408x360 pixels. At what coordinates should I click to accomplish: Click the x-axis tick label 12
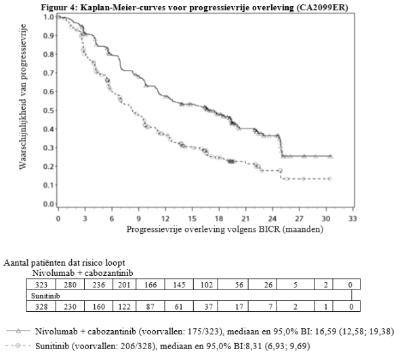tap(165, 218)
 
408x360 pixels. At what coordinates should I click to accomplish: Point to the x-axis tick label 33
tap(352, 218)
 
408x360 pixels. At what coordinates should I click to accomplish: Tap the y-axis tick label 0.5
tap(48, 111)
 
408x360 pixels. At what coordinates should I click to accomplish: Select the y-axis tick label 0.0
tap(48, 204)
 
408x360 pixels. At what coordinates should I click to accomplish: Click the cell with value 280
tap(70, 285)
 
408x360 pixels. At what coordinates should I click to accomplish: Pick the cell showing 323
tap(41, 285)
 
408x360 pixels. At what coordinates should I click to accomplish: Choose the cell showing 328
tap(41, 306)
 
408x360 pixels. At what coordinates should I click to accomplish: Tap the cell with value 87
tap(150, 306)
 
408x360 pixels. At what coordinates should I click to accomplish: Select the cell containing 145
tap(179, 285)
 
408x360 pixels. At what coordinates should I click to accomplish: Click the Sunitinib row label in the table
tap(45, 296)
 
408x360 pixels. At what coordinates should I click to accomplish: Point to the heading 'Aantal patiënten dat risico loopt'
tap(64, 262)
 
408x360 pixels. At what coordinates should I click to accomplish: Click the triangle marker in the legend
tap(18, 331)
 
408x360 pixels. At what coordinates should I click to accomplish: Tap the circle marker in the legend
tap(18, 346)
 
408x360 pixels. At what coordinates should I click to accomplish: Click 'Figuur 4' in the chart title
tap(59, 7)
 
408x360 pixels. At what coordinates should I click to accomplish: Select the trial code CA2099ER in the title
tap(322, 7)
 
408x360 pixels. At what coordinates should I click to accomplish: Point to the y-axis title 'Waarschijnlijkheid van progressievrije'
tap(23, 97)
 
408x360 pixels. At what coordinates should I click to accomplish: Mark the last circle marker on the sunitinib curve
tap(329, 179)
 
